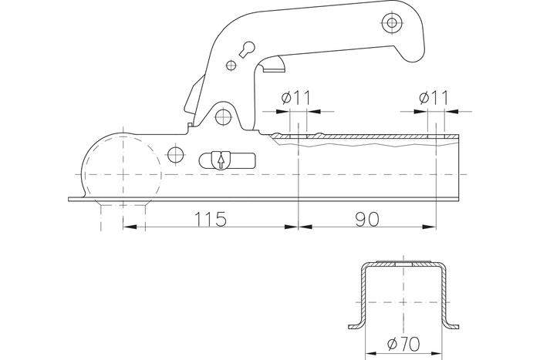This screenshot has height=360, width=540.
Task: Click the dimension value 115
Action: coord(210,219)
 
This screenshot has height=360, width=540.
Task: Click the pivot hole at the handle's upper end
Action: coord(393,23)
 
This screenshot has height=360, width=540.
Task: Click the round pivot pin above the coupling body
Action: coord(224,116)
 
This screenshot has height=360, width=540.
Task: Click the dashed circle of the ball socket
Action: coord(120,169)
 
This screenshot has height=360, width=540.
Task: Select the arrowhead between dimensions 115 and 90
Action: coord(299,227)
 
